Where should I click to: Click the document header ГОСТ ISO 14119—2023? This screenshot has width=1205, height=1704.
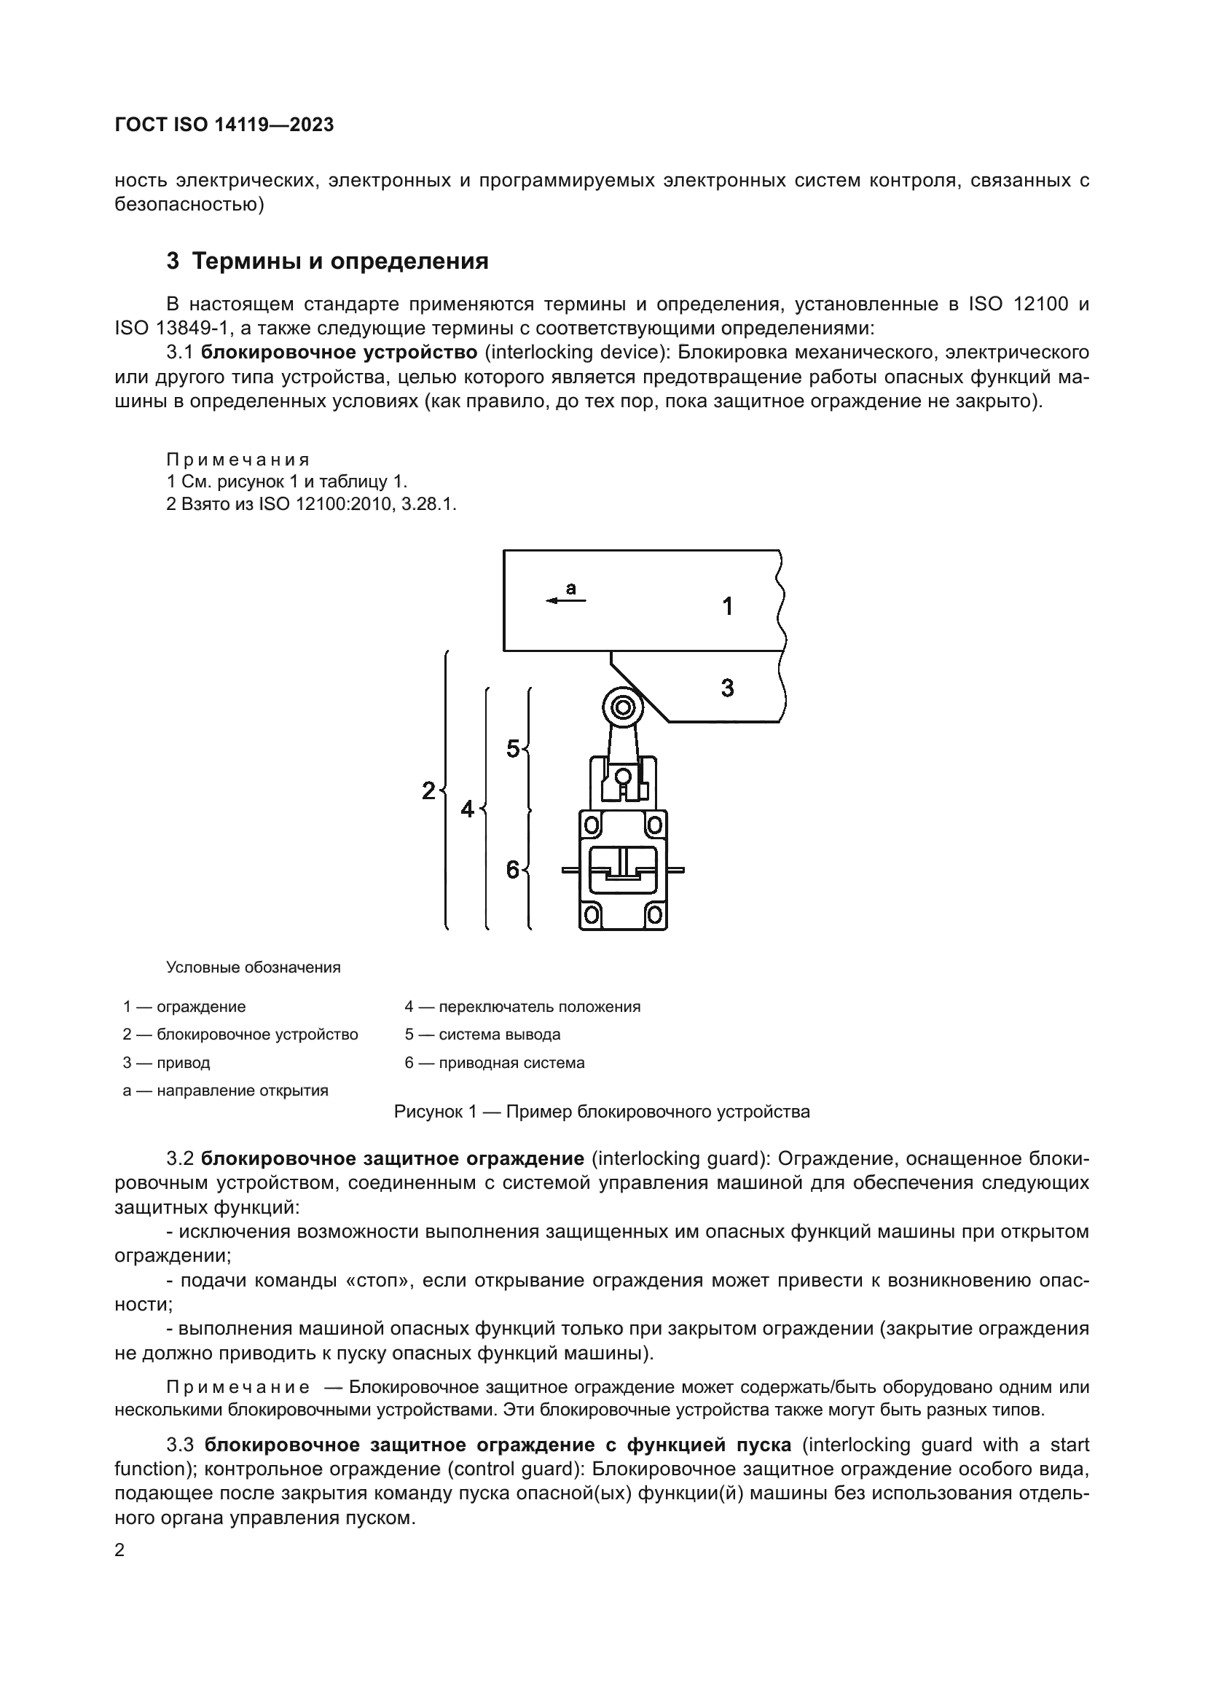(x=224, y=125)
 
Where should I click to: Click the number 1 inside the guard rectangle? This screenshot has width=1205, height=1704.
(x=728, y=606)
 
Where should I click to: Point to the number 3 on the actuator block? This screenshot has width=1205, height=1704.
(x=727, y=688)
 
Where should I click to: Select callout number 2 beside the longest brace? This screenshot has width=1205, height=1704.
(x=428, y=790)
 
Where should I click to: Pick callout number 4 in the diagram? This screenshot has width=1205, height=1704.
(x=467, y=808)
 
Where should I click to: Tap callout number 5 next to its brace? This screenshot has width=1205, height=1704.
(x=513, y=749)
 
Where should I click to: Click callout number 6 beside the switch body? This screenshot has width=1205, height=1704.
(x=513, y=869)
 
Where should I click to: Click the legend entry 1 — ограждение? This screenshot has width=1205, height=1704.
(x=184, y=1006)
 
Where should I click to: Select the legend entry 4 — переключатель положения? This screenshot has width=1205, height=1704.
(x=522, y=1006)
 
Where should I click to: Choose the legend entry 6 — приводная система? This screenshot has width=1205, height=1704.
(x=494, y=1062)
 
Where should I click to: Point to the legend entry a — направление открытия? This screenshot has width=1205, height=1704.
(x=226, y=1091)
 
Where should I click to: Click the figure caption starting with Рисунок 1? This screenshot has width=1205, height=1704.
(x=602, y=1112)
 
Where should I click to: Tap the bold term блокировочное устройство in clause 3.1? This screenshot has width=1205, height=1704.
(x=339, y=352)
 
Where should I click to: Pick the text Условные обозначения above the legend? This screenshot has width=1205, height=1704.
(x=253, y=967)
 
